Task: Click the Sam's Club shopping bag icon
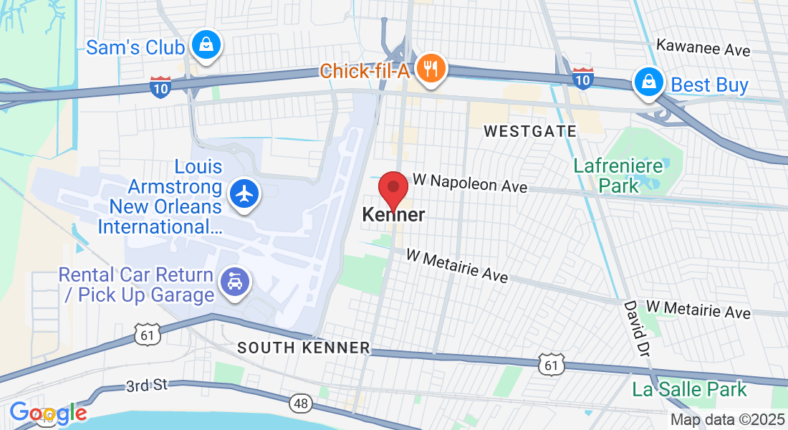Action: point(206,46)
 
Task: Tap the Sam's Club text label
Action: point(135,48)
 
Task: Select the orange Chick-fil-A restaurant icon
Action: point(430,69)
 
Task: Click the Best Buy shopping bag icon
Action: point(648,82)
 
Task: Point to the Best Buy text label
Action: point(709,85)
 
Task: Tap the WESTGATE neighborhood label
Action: point(530,131)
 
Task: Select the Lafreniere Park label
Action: point(606,176)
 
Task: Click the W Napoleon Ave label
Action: point(469,183)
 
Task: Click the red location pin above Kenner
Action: point(393,191)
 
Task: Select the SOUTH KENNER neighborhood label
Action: point(304,348)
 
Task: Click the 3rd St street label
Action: point(146,386)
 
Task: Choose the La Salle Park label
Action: point(689,390)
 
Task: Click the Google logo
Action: point(48,413)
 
